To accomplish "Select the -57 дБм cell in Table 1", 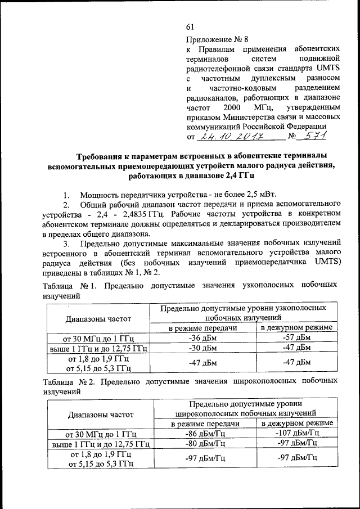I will (296, 338).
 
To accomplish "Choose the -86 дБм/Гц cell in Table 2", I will (205, 433).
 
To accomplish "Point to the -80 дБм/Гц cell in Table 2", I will (205, 443).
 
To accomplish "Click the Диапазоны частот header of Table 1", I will (98, 318).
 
